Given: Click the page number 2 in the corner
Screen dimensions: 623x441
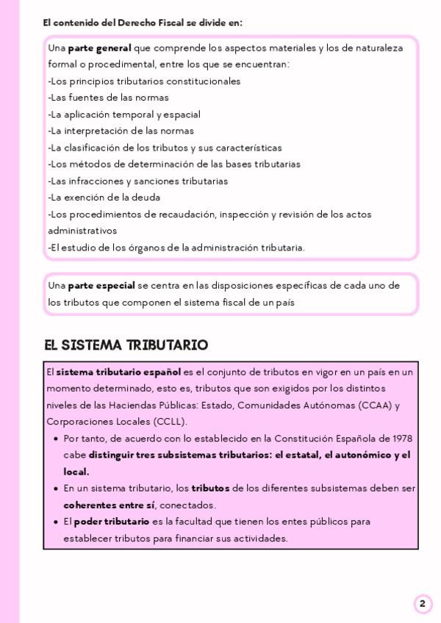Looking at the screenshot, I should tap(422, 604).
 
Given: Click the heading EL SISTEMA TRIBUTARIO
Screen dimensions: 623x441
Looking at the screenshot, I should tap(126, 345).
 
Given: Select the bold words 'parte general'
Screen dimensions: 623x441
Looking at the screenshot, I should tap(99, 48).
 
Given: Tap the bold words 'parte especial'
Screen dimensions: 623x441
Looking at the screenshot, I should tap(101, 285).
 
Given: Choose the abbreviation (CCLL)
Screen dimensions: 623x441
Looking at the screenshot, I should tap(171, 422).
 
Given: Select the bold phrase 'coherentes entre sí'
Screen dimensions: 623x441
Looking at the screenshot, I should tap(109, 505).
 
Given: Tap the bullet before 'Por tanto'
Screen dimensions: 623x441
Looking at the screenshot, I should tap(57, 439).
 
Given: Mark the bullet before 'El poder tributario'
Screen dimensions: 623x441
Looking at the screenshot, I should tap(57, 522).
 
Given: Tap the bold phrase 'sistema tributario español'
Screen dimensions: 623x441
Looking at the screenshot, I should tap(118, 372).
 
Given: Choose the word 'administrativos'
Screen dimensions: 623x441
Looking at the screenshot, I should tap(77, 231).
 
